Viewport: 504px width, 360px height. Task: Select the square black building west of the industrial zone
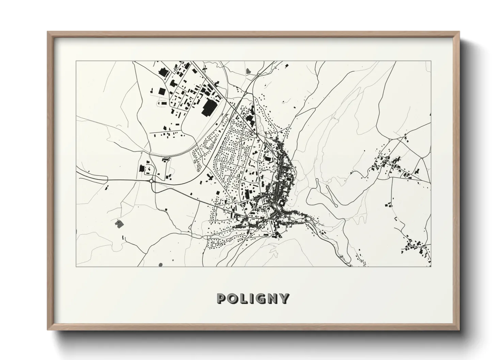coord(161,91)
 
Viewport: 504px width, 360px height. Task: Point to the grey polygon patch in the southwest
coord(119,224)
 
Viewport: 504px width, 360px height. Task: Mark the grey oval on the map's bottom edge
coord(161,264)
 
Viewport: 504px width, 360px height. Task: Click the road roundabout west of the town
coord(151,181)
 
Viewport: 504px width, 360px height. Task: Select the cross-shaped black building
coord(209,177)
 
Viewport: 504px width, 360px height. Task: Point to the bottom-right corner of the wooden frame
coord(459,330)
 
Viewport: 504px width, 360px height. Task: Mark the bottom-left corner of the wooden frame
coord(48,330)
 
